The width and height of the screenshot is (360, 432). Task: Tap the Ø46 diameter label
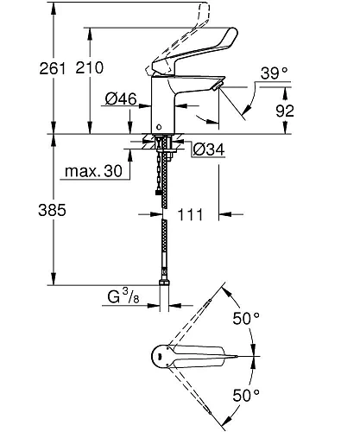[121, 100]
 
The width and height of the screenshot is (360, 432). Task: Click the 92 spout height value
[310, 110]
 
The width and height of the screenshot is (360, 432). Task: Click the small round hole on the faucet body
[158, 125]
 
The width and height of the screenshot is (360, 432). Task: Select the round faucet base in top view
[159, 356]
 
